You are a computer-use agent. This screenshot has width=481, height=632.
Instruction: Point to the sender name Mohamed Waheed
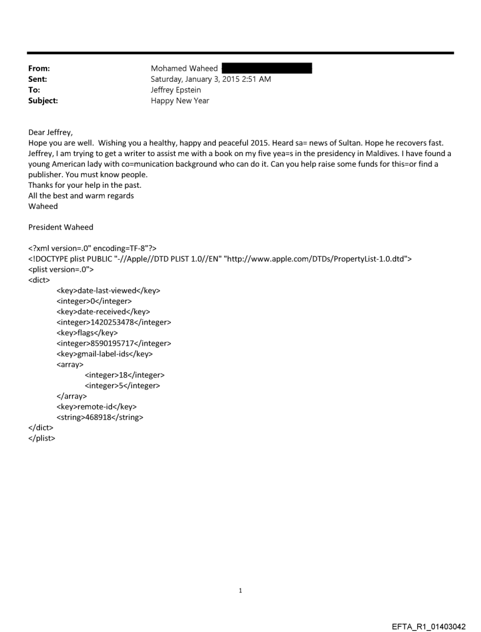click(x=185, y=68)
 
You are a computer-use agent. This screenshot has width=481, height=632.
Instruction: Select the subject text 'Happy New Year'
click(x=180, y=101)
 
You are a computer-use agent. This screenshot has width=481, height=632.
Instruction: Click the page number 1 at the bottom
click(x=240, y=590)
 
